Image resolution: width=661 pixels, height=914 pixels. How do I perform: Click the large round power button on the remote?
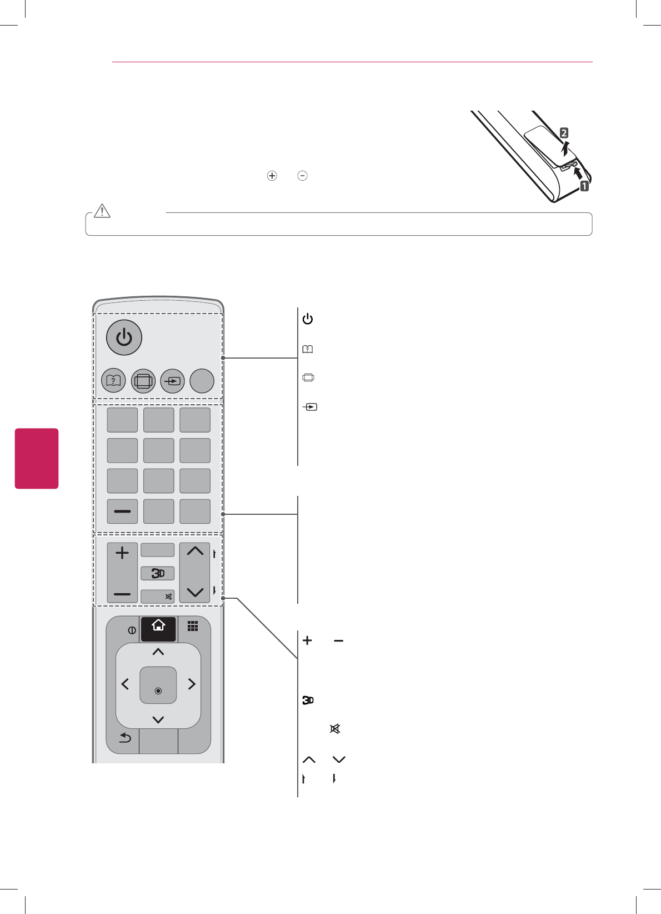coord(124,337)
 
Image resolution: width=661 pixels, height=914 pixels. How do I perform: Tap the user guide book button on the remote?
coord(113,381)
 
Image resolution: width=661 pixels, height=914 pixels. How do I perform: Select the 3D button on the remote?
coord(158,573)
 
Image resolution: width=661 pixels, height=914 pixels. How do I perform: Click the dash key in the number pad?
coord(122,511)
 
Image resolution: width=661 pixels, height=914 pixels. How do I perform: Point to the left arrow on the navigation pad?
coord(125,684)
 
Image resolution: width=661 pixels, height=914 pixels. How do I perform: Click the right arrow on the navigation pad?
coord(192,684)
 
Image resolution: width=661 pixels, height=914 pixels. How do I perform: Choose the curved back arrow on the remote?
coord(125,738)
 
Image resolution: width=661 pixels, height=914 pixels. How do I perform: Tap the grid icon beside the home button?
coord(193,627)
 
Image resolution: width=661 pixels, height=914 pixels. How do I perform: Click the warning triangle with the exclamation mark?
coord(102,211)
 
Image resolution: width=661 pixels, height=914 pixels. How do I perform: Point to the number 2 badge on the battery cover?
coord(564,133)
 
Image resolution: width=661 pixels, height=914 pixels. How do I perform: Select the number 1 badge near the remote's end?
coord(584,186)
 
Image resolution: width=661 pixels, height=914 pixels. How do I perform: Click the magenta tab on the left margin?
coord(37,458)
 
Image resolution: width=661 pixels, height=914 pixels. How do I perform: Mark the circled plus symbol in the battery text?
coord(272,176)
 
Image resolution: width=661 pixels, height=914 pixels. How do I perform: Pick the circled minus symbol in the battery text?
coord(303,176)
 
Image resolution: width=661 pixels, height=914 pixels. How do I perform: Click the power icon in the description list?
coord(308,319)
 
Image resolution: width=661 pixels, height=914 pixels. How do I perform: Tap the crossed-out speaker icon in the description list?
coord(335,729)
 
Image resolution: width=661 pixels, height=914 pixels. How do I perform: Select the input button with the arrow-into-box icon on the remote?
coord(172,381)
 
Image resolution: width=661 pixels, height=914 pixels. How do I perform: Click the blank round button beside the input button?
coord(202,381)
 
